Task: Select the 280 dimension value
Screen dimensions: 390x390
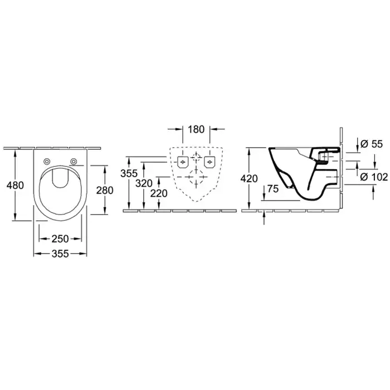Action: click(x=105, y=189)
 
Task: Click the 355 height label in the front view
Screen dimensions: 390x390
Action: click(x=129, y=173)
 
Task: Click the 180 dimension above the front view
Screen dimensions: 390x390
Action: click(x=196, y=130)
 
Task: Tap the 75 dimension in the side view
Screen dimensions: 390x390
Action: click(x=273, y=189)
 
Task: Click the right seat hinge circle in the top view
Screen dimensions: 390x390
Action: click(x=74, y=162)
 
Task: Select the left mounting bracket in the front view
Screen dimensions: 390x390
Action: click(x=182, y=162)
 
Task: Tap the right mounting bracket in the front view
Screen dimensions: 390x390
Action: click(x=209, y=162)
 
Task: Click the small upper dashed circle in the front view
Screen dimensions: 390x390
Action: click(x=196, y=157)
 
